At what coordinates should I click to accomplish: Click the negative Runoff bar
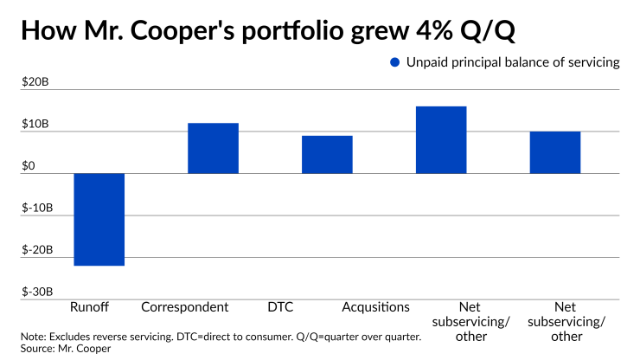tap(99, 219)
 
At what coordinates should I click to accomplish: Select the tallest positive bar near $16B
tap(441, 139)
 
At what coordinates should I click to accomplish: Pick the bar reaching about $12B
tap(213, 148)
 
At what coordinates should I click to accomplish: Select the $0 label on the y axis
tap(29, 166)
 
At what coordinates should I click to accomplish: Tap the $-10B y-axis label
tap(36, 209)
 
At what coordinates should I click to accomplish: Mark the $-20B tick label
tap(36, 250)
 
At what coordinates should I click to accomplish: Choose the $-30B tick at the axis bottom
tap(36, 292)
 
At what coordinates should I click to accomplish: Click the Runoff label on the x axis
tap(88, 307)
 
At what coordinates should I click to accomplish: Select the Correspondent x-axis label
tap(184, 307)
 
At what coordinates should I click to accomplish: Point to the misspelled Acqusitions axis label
tap(375, 307)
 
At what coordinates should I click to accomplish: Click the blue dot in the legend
tap(395, 62)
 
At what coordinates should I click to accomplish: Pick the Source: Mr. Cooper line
tap(61, 348)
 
